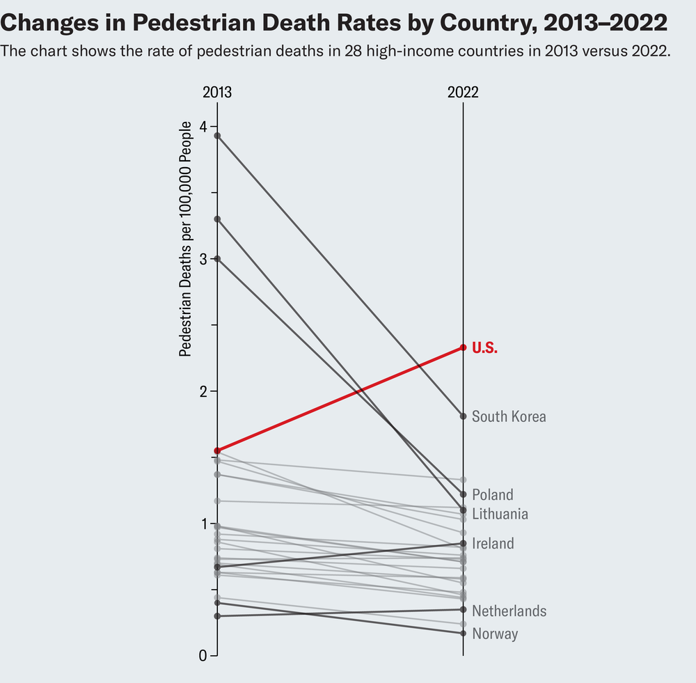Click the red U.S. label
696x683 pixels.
484,347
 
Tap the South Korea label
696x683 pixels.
509,416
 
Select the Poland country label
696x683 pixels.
492,495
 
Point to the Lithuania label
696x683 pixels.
500,515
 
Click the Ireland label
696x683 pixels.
493,544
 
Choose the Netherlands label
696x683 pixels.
509,611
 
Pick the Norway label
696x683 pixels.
494,634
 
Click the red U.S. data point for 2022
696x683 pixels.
463,347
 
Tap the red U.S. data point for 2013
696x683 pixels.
218,451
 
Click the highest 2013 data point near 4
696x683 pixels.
218,136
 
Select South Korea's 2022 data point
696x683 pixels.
463,416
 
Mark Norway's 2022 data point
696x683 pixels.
463,633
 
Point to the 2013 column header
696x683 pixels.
217,93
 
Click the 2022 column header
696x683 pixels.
463,93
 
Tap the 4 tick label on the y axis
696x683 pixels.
203,127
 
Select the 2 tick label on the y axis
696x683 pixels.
203,391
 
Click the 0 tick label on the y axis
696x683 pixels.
203,656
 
